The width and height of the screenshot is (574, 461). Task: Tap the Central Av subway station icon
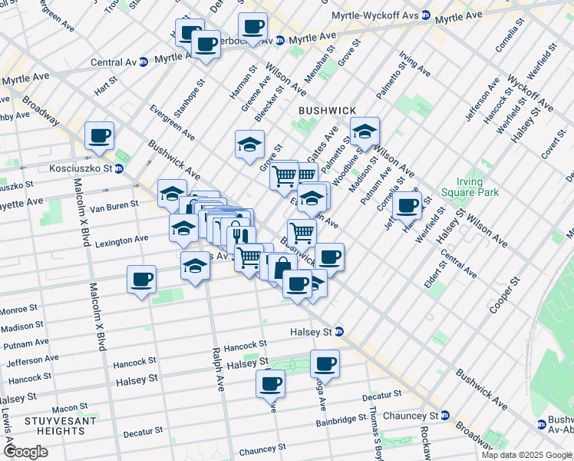pos(143,62)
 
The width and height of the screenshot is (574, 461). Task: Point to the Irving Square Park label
pos(463,187)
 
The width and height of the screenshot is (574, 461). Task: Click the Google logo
pos(26,452)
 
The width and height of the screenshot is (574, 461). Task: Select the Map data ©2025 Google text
pos(526,455)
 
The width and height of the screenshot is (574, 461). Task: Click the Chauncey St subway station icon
pos(444,416)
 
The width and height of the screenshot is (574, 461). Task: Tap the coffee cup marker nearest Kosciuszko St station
pos(99,136)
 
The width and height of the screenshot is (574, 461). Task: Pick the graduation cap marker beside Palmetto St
pos(365,131)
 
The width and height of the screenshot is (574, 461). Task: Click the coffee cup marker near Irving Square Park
pos(407,205)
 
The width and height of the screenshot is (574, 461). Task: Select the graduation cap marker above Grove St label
pos(249,144)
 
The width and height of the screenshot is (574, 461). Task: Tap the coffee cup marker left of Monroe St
pos(141,280)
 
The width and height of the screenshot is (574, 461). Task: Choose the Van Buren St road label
pos(114,205)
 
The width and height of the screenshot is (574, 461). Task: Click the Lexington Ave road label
pos(121,240)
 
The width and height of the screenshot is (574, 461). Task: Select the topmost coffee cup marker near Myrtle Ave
pos(252,27)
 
